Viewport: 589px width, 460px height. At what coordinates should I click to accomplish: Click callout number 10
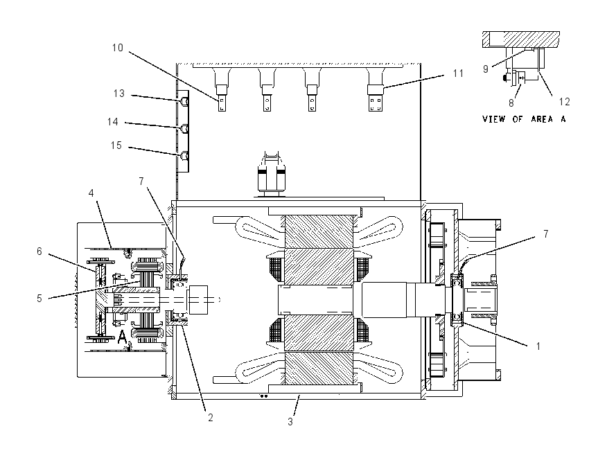pos(118,48)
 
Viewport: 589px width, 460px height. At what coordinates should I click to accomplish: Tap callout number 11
pos(458,73)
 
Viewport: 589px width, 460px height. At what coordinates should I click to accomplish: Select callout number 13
pos(119,94)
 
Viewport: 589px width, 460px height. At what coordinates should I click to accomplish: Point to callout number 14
pos(113,122)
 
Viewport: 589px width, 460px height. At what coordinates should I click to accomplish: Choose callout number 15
pos(116,145)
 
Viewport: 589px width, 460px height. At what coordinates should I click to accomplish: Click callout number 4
pos(91,193)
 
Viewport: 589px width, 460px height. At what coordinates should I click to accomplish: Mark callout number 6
pos(39,251)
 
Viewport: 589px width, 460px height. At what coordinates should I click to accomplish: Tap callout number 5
pos(39,299)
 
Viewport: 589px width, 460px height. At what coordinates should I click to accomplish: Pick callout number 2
pos(211,417)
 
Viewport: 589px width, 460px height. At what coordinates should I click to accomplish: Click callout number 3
pos(290,422)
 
